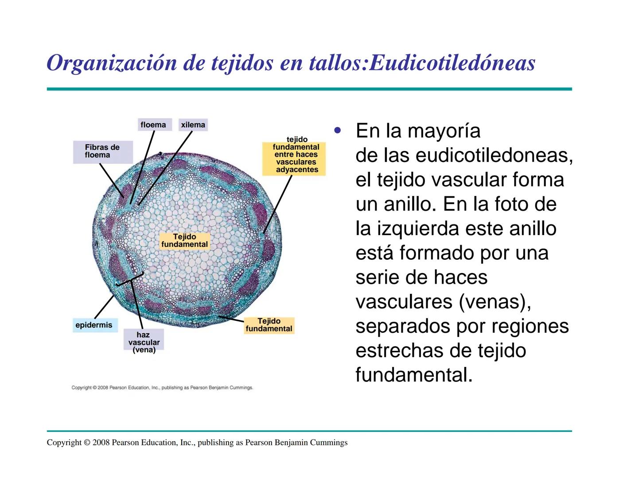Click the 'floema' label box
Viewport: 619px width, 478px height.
tap(153, 125)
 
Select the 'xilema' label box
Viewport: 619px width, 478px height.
tap(193, 125)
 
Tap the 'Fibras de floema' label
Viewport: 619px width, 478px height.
tap(102, 151)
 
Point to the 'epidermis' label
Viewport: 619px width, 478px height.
tap(94, 325)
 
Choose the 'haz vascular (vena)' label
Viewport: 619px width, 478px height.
tap(144, 342)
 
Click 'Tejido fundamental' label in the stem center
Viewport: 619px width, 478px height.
tap(184, 240)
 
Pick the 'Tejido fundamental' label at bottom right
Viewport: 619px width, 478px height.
tap(269, 325)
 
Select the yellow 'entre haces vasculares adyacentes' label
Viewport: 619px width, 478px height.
tap(296, 158)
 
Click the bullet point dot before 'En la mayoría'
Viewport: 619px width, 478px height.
tap(338, 131)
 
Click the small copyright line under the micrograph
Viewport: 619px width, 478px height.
tap(162, 388)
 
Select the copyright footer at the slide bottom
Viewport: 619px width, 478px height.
tap(197, 443)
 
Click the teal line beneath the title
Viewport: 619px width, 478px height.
tap(309, 89)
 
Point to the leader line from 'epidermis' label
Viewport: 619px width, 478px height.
tap(105, 306)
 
